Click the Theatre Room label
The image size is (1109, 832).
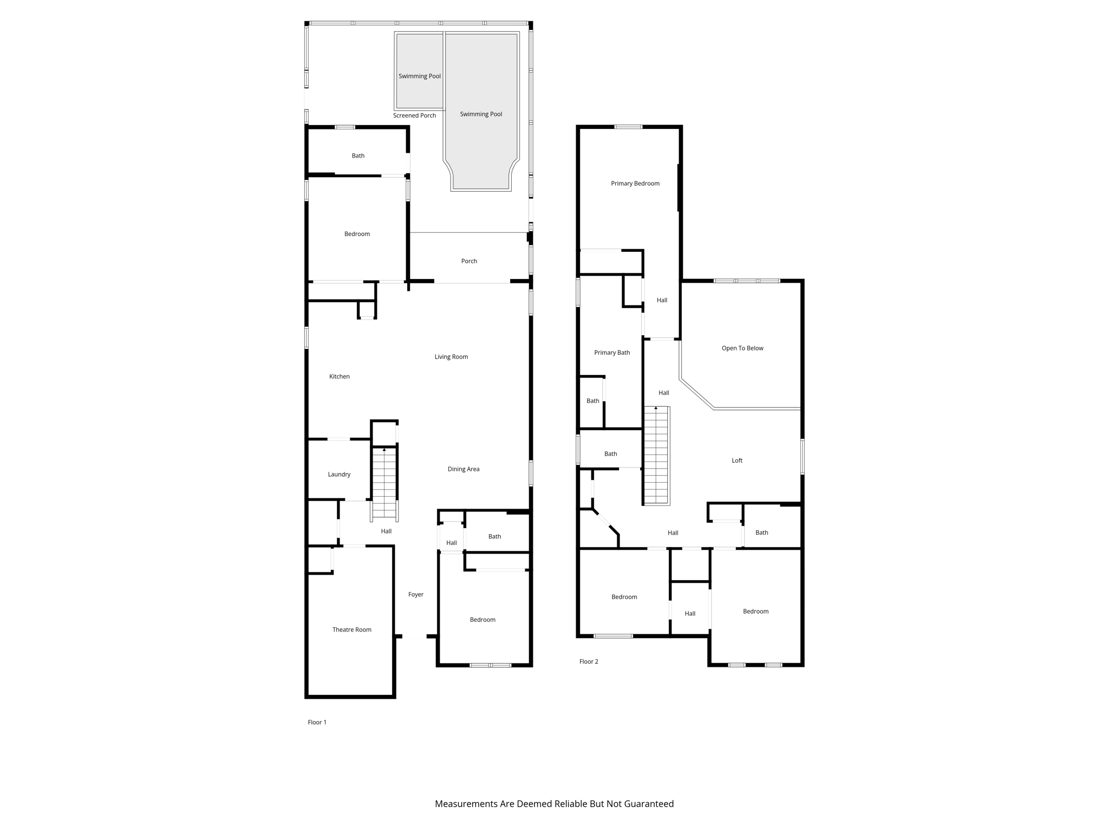[x=352, y=629]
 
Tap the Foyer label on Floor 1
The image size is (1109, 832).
[x=416, y=594]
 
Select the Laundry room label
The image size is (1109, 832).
[x=339, y=474]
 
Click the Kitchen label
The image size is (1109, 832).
[x=340, y=376]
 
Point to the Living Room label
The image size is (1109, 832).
[x=451, y=356]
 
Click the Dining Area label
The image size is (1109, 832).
[x=464, y=469]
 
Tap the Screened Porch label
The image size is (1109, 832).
[x=414, y=115]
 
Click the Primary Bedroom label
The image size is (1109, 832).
[x=635, y=184]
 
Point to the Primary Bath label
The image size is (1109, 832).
[x=612, y=353]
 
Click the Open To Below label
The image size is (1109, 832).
[x=742, y=348]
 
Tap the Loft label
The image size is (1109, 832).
[x=737, y=460]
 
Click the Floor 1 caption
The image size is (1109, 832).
[x=317, y=722]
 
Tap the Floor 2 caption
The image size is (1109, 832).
[x=589, y=661]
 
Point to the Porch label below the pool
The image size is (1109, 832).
[x=469, y=261]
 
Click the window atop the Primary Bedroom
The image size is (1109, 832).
[x=628, y=127]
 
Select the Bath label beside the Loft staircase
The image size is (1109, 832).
[x=610, y=454]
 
